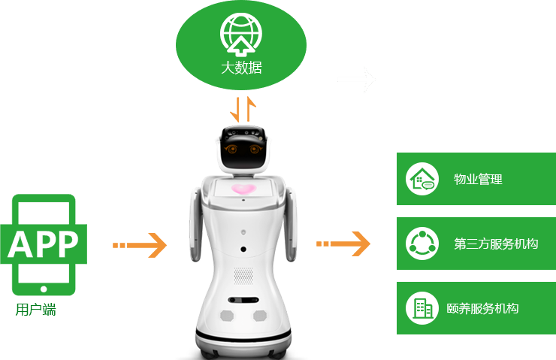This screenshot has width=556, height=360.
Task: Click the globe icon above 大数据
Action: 241,34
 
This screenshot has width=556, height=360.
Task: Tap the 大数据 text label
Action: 241,67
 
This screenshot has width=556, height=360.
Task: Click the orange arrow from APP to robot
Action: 141,245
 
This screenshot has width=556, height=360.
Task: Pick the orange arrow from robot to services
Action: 343,244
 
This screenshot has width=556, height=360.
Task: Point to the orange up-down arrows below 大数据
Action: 242,110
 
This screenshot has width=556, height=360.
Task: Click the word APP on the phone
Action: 43,243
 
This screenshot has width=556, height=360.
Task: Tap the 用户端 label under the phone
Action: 35,309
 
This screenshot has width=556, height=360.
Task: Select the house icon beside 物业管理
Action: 422,179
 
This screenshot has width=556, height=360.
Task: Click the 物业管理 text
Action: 478,180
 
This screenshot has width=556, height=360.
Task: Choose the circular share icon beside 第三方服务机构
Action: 422,244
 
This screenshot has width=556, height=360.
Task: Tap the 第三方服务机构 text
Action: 496,244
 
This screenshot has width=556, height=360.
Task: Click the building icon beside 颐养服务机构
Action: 422,308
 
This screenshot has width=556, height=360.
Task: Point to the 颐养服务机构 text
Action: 482,309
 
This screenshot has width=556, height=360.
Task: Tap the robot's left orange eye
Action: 232,150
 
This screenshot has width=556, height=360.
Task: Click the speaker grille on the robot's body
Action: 243,276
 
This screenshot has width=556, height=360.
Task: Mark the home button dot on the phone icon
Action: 44,288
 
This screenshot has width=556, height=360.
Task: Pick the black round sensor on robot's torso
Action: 243,250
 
